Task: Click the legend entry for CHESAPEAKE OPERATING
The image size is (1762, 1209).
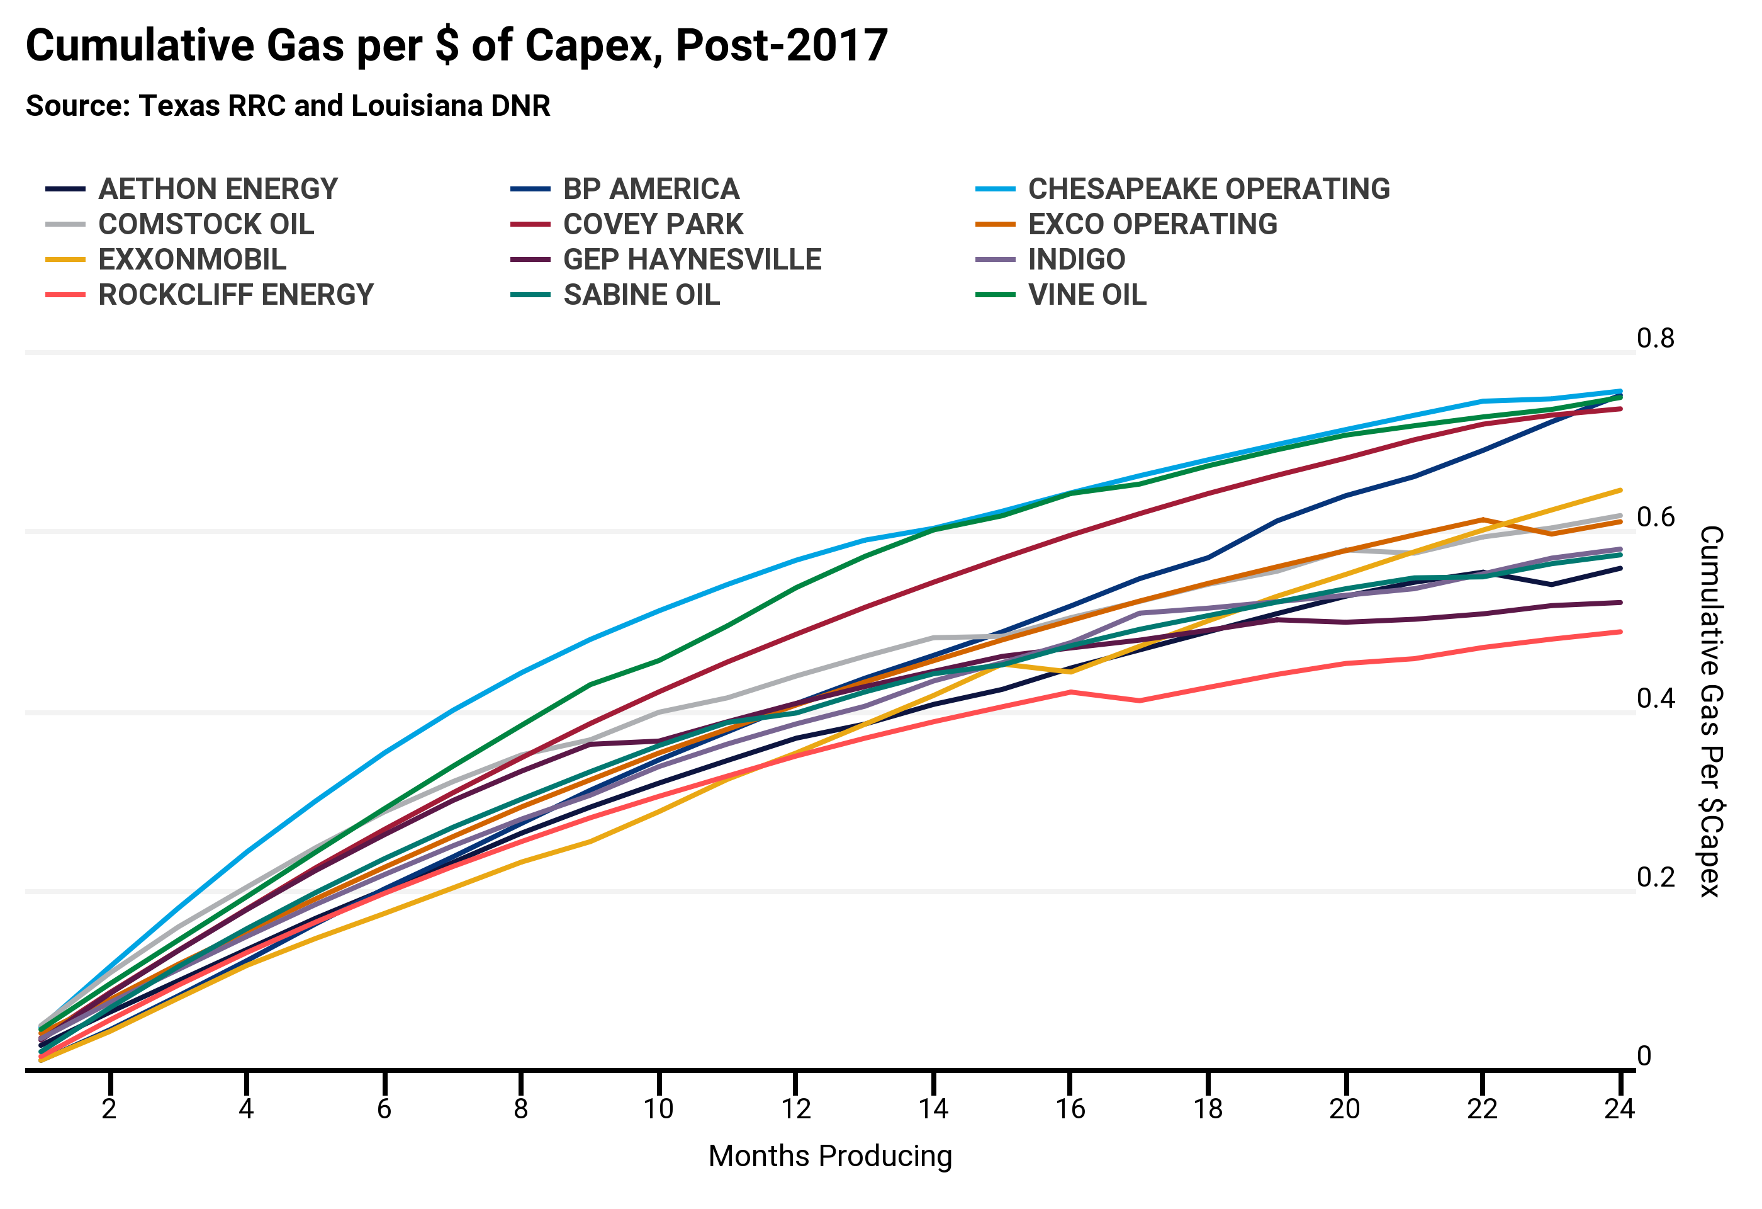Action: pyautogui.click(x=1208, y=189)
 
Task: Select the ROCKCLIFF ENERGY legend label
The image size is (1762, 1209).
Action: pyautogui.click(x=236, y=295)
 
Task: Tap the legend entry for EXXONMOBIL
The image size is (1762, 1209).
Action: pyautogui.click(x=193, y=259)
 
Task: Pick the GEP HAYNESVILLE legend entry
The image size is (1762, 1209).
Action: pyautogui.click(x=692, y=259)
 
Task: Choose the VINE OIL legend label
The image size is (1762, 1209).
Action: pyautogui.click(x=1087, y=295)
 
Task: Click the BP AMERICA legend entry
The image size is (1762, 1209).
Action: pyautogui.click(x=651, y=189)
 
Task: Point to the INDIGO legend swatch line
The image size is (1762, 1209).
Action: pyautogui.click(x=995, y=260)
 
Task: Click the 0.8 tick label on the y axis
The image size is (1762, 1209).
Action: pyautogui.click(x=1655, y=338)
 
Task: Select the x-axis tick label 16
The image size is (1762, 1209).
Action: pyautogui.click(x=1070, y=1110)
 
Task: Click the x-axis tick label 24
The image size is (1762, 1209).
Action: pyautogui.click(x=1619, y=1110)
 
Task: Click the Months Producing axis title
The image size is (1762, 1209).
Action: pyautogui.click(x=829, y=1157)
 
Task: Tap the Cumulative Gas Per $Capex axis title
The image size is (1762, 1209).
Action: pyautogui.click(x=1711, y=712)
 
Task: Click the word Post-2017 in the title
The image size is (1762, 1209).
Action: pyautogui.click(x=781, y=45)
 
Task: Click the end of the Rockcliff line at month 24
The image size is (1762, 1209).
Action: pyautogui.click(x=1620, y=632)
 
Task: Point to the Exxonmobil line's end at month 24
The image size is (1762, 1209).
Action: pyautogui.click(x=1620, y=491)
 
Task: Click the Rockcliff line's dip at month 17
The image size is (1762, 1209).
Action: pyautogui.click(x=1139, y=701)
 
